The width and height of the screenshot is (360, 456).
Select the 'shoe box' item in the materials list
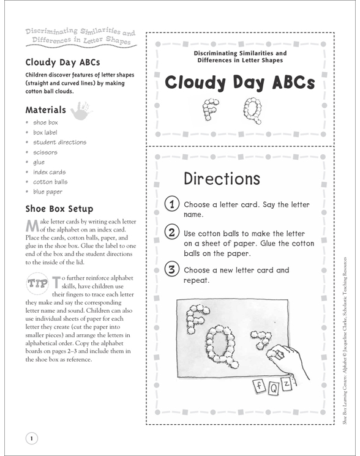pyautogui.click(x=46, y=122)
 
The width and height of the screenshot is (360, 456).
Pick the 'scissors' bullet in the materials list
pyautogui.click(x=45, y=152)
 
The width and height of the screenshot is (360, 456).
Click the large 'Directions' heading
pyautogui.click(x=222, y=179)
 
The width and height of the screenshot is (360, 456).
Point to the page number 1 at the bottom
pyautogui.click(x=31, y=437)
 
